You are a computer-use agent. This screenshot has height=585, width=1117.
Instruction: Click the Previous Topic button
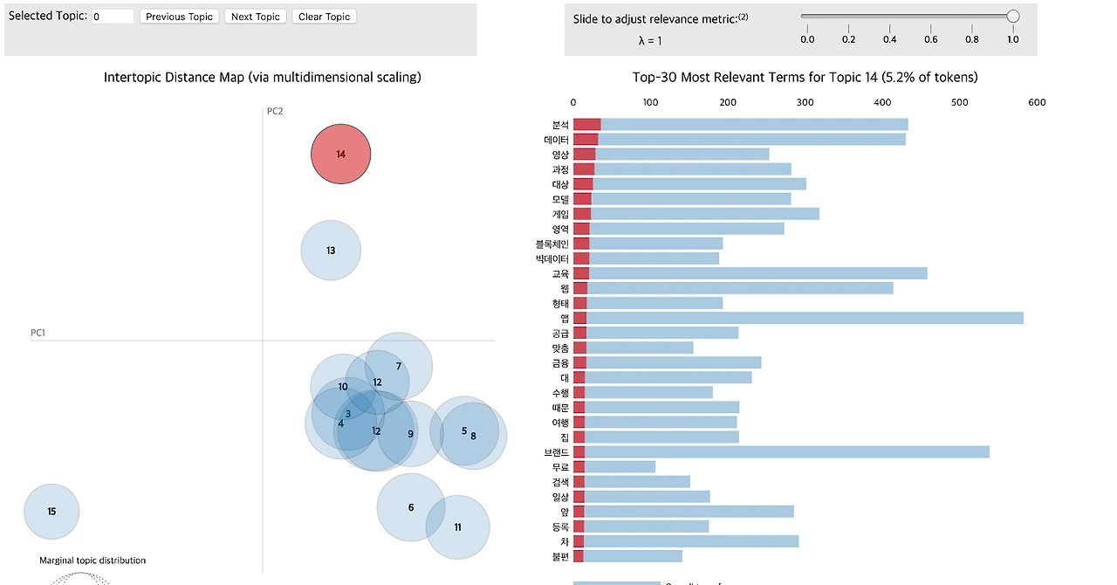179,17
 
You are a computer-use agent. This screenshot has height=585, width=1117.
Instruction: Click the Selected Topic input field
113,17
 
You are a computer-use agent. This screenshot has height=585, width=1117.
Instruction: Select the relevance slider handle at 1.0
1013,16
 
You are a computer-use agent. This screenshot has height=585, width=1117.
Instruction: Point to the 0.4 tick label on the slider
890,39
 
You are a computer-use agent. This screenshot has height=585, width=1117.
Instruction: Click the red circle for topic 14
341,155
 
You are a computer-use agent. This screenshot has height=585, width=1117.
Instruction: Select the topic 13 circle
331,251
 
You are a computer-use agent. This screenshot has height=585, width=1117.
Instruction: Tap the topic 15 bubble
51,512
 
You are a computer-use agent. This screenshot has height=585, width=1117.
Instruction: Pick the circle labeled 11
458,527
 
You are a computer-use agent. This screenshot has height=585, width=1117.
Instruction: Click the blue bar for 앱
803,318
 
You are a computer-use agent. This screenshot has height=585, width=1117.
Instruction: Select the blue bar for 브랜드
785,452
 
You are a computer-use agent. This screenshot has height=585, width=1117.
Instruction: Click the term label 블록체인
552,244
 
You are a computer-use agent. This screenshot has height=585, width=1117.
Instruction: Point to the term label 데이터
557,140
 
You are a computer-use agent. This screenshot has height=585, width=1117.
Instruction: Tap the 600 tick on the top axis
1037,102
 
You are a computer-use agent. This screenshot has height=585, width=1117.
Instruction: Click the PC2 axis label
275,111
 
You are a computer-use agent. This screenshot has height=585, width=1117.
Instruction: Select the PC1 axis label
38,333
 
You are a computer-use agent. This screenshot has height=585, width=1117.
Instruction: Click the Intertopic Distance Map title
262,77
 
